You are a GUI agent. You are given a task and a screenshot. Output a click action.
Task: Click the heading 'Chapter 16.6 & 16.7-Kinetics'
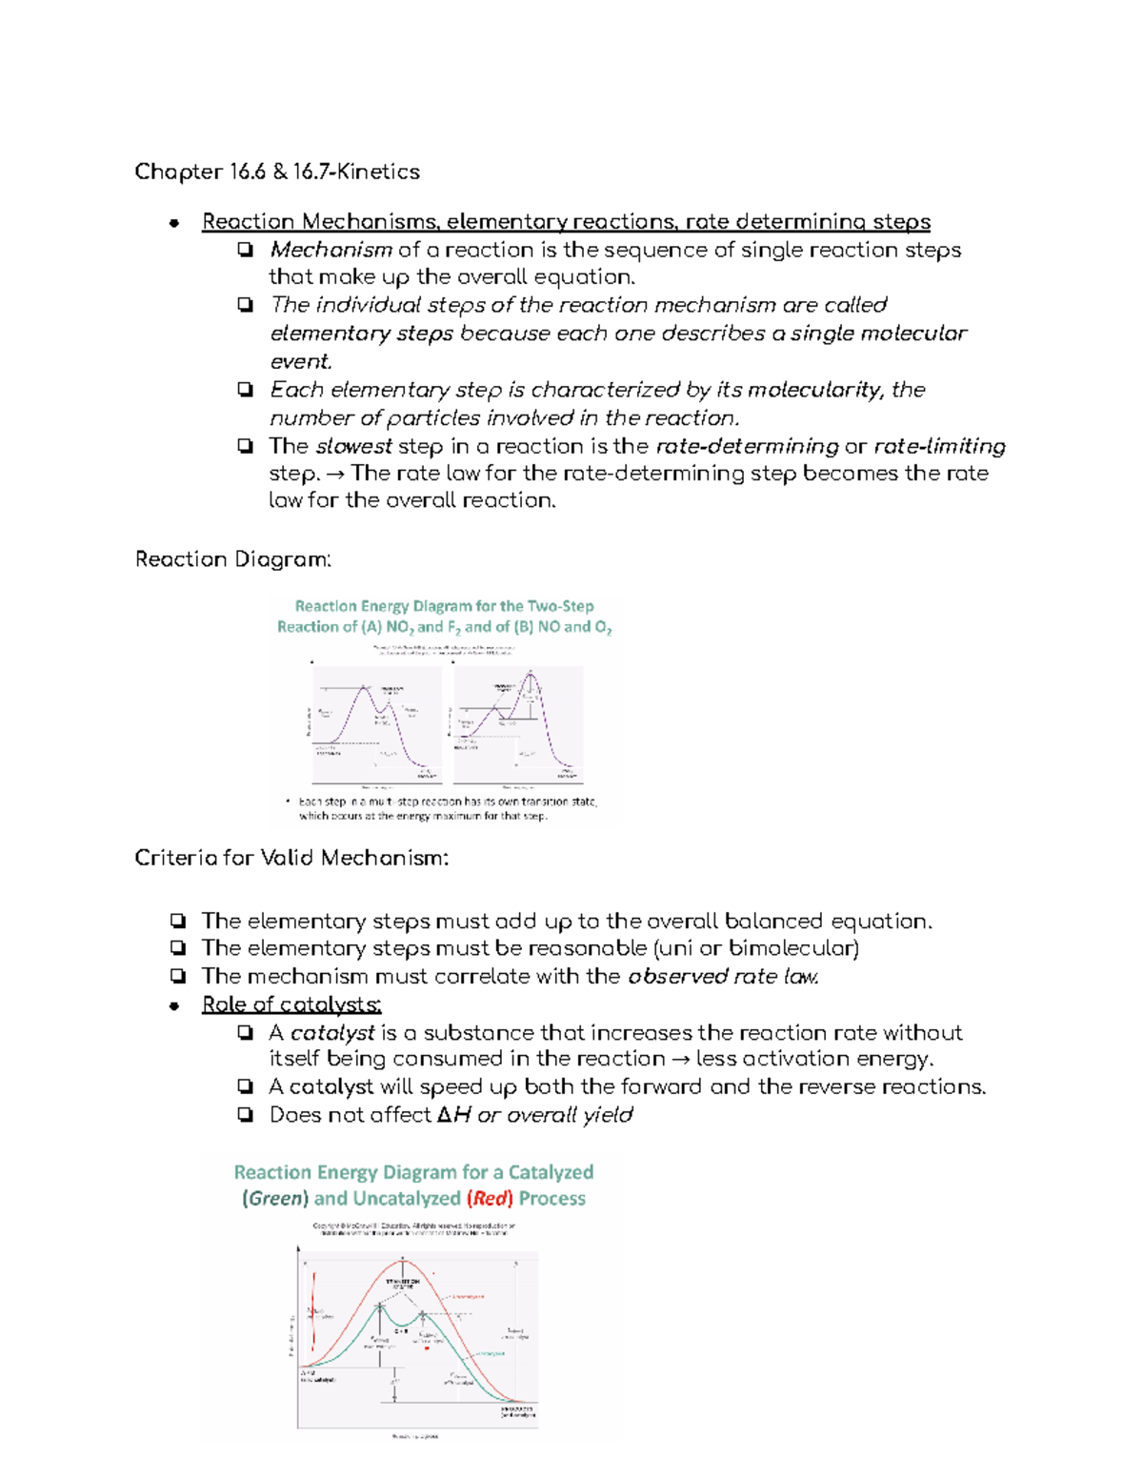coord(277,172)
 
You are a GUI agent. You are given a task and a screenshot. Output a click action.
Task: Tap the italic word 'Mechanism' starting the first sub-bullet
coord(331,250)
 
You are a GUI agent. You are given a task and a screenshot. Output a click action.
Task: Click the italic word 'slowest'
coord(353,446)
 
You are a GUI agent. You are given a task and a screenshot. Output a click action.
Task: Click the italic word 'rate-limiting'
coord(939,446)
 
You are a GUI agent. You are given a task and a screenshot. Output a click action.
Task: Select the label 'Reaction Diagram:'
coord(233,559)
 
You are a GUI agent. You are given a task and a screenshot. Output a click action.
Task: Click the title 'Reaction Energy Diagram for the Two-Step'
coord(444,606)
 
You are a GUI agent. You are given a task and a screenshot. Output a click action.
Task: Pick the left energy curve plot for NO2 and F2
coord(378,722)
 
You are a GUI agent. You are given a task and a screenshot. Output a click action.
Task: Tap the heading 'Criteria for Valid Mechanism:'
coord(291,858)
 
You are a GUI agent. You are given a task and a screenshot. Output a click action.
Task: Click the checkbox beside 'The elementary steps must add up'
coord(178,921)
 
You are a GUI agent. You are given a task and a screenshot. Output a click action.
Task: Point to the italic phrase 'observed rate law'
coord(723,977)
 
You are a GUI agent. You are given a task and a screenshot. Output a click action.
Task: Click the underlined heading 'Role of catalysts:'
coord(291,1004)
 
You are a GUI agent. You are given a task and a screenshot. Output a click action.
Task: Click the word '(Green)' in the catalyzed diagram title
coord(275,1199)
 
